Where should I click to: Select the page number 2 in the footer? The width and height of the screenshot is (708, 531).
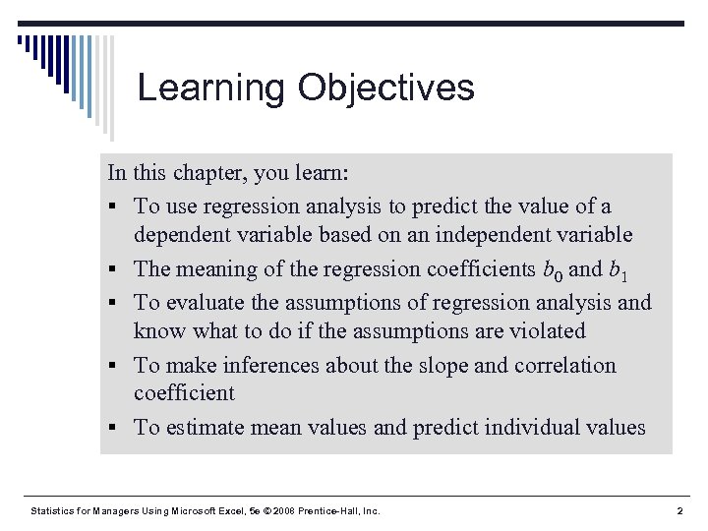click(680, 511)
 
